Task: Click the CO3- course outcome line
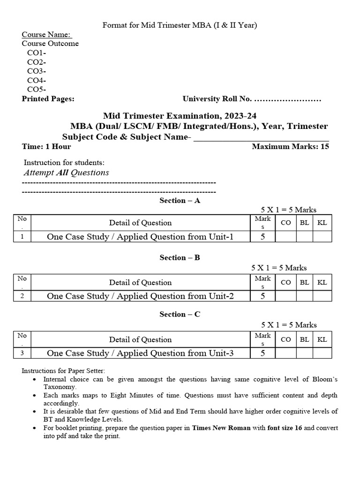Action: coord(36,71)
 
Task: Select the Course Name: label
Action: coord(47,34)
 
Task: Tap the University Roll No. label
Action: coord(217,99)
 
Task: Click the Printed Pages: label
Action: coord(48,99)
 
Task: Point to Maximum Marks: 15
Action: coord(290,146)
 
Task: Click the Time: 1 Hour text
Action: coord(46,146)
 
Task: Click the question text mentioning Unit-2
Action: coord(140,296)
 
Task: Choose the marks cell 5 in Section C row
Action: coord(262,353)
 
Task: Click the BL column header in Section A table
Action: coord(304,223)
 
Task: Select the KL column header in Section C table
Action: coord(322,339)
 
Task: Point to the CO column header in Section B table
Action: coord(285,282)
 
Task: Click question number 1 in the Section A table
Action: coord(22,237)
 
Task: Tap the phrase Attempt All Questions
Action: coord(66,172)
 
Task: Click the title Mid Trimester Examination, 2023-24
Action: coord(180,116)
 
